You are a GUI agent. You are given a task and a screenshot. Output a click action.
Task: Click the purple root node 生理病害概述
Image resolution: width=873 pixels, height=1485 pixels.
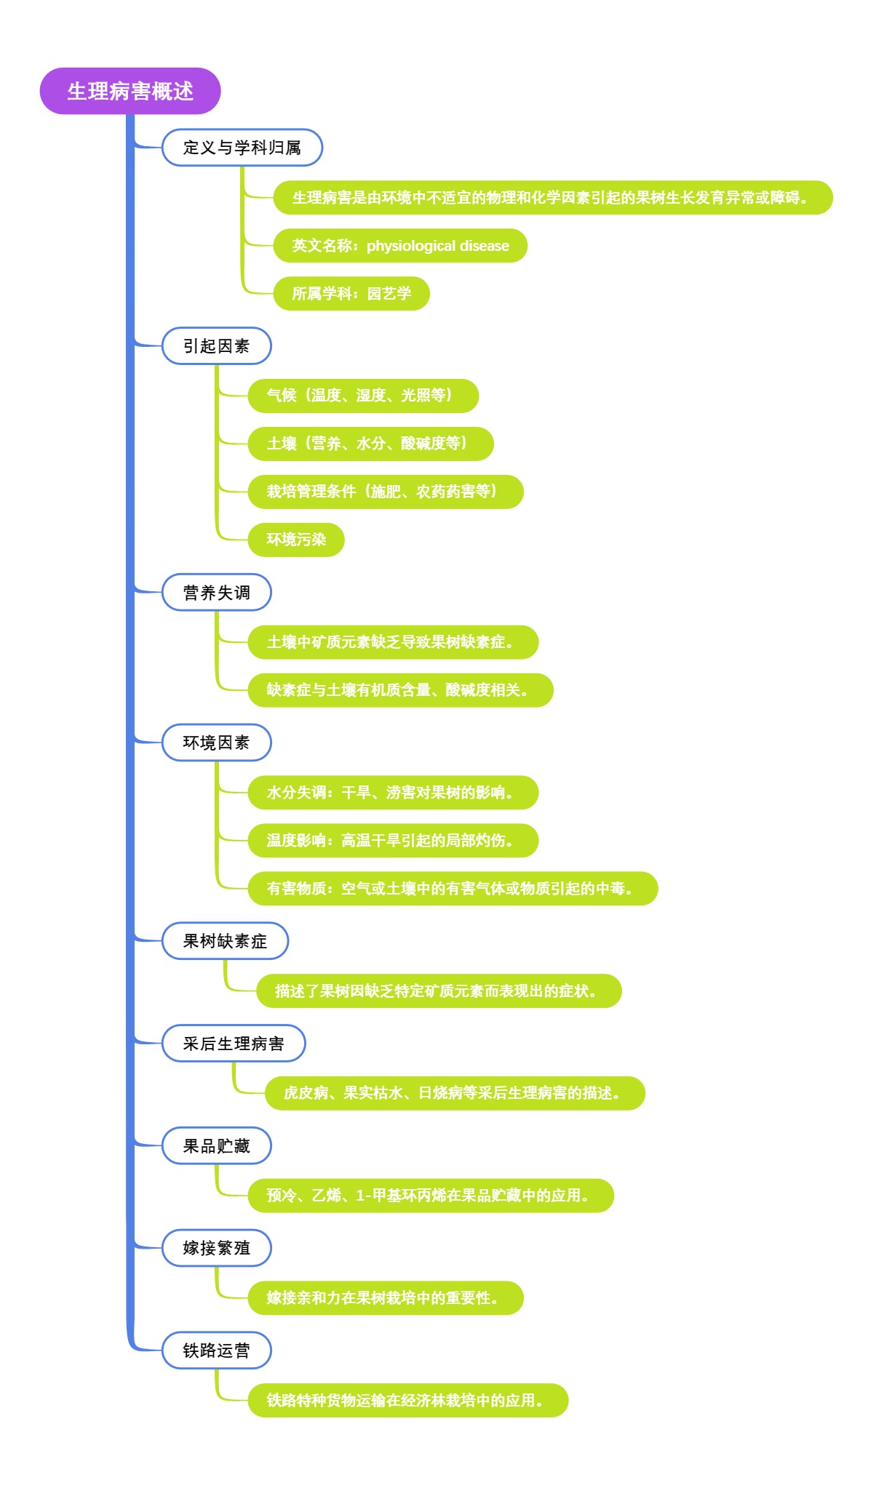130,91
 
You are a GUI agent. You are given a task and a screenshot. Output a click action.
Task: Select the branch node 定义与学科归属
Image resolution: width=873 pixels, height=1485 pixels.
242,148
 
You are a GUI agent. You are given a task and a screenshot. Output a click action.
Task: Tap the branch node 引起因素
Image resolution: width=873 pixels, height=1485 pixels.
216,346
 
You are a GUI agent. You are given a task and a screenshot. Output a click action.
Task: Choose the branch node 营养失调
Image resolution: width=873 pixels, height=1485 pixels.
216,593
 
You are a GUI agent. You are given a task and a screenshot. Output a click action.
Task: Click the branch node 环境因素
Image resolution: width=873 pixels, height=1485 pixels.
216,742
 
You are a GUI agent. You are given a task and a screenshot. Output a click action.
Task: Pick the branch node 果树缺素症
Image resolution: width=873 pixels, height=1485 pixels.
225,941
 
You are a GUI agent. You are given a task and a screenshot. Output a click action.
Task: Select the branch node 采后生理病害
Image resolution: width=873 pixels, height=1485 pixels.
233,1044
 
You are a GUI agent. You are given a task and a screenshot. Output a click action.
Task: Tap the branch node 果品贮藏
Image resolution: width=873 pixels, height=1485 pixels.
216,1146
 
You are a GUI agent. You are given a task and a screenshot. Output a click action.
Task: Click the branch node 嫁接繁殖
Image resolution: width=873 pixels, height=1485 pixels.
216,1248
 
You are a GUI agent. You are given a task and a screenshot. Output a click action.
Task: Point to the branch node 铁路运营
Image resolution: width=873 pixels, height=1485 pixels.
216,1350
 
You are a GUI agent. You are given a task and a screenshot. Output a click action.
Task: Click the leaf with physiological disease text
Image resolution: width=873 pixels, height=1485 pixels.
400,246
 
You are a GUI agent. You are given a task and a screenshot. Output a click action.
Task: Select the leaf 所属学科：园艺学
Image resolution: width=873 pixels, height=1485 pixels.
351,294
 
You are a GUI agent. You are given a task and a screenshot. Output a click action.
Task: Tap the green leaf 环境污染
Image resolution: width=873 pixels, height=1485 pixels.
296,540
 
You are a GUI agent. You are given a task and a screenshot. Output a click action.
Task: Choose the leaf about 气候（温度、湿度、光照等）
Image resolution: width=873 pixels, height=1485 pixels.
363,396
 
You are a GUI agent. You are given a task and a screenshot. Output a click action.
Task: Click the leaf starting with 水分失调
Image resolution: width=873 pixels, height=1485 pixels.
393,793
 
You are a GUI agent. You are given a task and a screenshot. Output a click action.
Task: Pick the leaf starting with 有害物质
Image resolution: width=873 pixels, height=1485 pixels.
453,889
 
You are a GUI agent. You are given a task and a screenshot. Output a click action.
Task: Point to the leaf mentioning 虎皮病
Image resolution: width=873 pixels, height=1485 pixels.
455,1093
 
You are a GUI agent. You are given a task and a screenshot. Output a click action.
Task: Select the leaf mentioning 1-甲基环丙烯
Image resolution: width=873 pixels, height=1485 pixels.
431,1196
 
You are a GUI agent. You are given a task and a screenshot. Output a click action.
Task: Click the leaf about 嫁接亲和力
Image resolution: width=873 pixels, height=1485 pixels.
386,1298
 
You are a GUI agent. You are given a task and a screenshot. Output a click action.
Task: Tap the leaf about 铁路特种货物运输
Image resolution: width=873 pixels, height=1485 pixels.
407,1401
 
